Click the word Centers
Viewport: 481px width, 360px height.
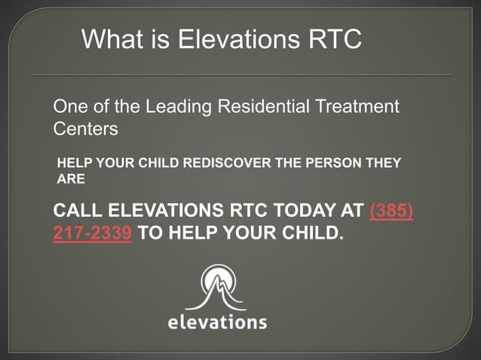(85, 129)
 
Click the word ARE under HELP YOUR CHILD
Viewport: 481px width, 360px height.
(72, 179)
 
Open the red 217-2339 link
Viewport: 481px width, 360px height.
(93, 233)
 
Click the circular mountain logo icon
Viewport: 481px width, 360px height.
(216, 286)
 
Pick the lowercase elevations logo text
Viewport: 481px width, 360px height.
(216, 322)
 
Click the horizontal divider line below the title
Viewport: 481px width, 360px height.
(241, 75)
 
